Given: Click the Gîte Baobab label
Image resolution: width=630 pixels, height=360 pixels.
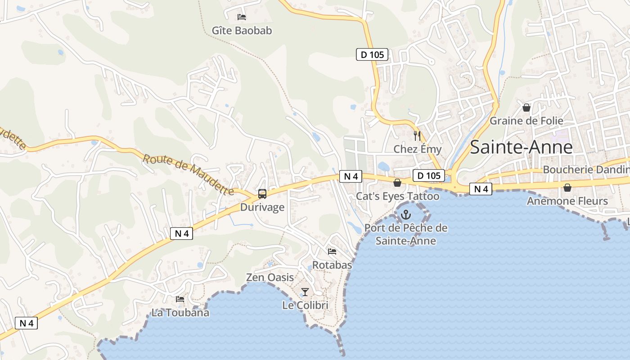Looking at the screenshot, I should point(242,31).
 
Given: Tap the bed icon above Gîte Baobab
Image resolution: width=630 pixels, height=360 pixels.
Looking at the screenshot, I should point(242,17).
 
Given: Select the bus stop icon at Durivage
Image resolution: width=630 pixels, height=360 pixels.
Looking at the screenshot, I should point(262,194).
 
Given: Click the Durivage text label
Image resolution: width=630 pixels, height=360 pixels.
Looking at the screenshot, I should point(262,207).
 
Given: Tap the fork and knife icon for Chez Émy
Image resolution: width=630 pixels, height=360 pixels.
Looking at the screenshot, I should point(417,135).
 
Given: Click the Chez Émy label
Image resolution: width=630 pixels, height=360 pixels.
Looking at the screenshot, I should point(418,149).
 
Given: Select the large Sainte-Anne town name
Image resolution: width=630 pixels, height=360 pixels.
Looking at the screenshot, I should point(521,147).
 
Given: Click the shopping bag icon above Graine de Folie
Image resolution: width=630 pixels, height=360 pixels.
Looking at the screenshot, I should point(526,108).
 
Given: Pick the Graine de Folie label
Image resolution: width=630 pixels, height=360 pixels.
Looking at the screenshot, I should point(526,121).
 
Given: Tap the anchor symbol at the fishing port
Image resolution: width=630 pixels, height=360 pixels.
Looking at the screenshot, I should point(406,215).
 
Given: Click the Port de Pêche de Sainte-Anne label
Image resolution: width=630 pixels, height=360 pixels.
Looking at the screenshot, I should point(406,234).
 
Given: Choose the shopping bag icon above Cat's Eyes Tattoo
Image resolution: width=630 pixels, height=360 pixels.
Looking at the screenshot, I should point(397,183).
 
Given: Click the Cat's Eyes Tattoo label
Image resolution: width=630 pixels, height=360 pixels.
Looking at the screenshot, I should point(397,196).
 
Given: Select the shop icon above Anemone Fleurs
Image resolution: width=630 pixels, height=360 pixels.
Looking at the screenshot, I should point(567,188).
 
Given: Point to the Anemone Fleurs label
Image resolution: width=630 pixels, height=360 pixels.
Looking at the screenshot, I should point(567,201).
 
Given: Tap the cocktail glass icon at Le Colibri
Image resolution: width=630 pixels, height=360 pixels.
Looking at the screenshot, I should point(305,292).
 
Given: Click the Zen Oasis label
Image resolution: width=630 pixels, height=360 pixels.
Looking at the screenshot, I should point(270,278).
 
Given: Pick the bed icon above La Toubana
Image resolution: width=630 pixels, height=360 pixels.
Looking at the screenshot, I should point(180,299).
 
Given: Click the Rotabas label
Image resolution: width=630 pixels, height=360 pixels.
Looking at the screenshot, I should point(332,265).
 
